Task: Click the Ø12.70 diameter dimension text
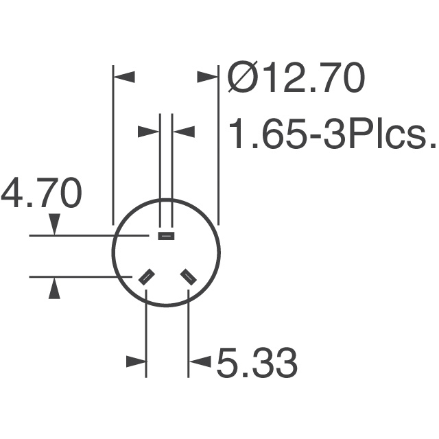[296, 79]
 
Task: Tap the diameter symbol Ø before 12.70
[241, 79]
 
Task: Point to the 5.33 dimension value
[257, 363]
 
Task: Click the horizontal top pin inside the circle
[166, 236]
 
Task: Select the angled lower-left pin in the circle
[146, 277]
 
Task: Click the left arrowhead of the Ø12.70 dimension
[125, 77]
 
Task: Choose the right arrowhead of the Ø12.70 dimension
[206, 77]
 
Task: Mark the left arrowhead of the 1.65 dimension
[149, 131]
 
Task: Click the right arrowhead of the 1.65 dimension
[182, 131]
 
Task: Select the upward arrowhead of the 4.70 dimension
[55, 288]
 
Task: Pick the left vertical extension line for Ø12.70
[113, 144]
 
